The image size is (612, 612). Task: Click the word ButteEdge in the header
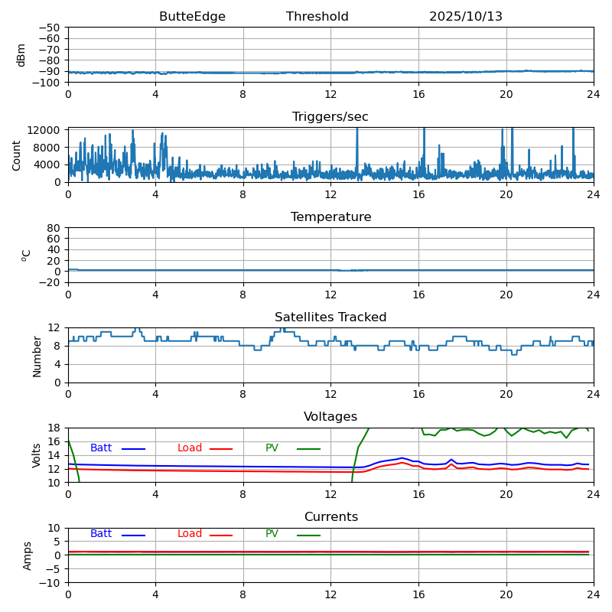(x=192, y=17)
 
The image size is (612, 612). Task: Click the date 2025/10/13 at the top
(x=465, y=17)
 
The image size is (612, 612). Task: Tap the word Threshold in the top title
(x=317, y=17)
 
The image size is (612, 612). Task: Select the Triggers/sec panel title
(x=330, y=117)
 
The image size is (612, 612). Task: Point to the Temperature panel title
(x=330, y=217)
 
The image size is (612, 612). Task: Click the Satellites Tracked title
(x=330, y=317)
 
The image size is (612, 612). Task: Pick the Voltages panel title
(x=330, y=417)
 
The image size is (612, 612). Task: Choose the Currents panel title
(x=330, y=517)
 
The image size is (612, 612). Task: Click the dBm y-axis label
(x=21, y=54)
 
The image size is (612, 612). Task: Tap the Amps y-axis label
(x=28, y=555)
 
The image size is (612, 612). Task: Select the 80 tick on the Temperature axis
(x=54, y=228)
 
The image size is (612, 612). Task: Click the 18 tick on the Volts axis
(x=54, y=428)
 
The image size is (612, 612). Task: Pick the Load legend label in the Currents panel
(x=190, y=534)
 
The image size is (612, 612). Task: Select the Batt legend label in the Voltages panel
(x=101, y=448)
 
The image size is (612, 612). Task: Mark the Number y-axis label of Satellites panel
(x=37, y=356)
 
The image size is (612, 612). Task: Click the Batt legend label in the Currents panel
(x=101, y=534)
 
